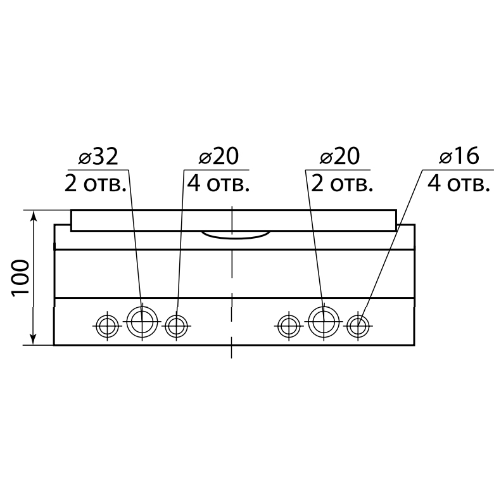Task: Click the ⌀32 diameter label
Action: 98,156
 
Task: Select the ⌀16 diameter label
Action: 459,156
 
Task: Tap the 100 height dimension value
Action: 20,277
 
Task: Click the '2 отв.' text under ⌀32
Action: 95,184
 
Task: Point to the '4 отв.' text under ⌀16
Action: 459,184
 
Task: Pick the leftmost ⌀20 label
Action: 218,156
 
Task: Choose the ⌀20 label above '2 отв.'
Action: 339,156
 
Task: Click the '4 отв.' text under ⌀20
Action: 218,184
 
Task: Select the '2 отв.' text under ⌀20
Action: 342,184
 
